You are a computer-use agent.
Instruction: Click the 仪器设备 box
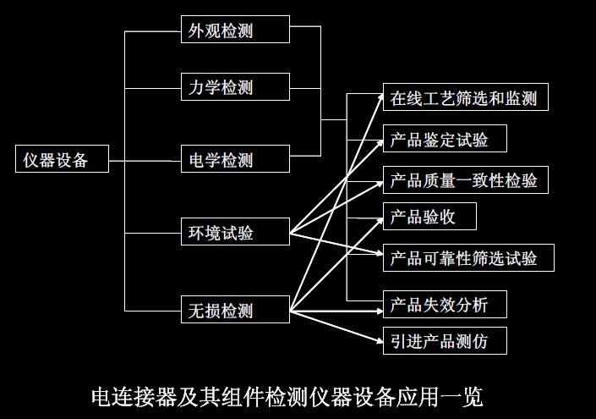tap(62, 158)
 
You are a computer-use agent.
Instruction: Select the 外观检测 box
tap(235, 30)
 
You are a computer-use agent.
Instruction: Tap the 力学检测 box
tap(235, 86)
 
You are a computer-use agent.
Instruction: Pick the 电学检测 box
tap(235, 159)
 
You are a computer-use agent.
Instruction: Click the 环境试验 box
tap(235, 232)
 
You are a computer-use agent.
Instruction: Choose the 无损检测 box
tap(235, 308)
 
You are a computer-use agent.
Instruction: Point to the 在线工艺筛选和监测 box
tap(463, 97)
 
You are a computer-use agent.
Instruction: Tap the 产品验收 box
tap(429, 217)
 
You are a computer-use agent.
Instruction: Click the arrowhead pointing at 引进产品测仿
tap(378, 340)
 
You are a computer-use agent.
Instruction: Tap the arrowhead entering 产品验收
tap(378, 218)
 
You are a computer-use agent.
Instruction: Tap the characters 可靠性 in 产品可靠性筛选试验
tap(457, 257)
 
